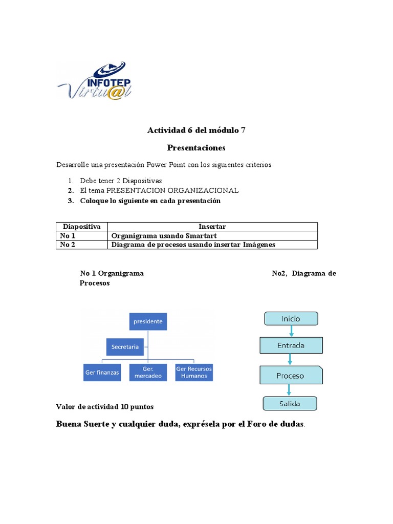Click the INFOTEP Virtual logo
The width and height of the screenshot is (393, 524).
pos(95,80)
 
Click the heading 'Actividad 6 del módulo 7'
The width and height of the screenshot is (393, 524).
pos(196,130)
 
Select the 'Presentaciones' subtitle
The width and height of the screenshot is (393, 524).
pos(196,148)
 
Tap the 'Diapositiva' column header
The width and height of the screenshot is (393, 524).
pos(81,226)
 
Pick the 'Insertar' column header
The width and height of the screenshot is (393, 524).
pos(212,226)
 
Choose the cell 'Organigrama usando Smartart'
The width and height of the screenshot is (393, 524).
pos(164,235)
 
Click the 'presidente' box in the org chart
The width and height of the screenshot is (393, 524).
pos(148,321)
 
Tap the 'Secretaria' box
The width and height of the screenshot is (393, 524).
pos(125,346)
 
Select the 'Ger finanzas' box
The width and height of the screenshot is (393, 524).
pos(102,372)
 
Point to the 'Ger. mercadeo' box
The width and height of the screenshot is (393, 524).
pos(148,372)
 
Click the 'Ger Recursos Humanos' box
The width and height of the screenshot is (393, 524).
pos(194,372)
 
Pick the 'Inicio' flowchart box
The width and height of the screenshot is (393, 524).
pos(291,319)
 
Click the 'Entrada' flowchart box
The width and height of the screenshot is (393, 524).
pos(291,345)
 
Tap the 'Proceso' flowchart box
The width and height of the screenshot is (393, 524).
pos(291,375)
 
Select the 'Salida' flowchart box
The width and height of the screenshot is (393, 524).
pos(290,403)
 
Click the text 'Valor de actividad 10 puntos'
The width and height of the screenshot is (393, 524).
pos(104,407)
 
